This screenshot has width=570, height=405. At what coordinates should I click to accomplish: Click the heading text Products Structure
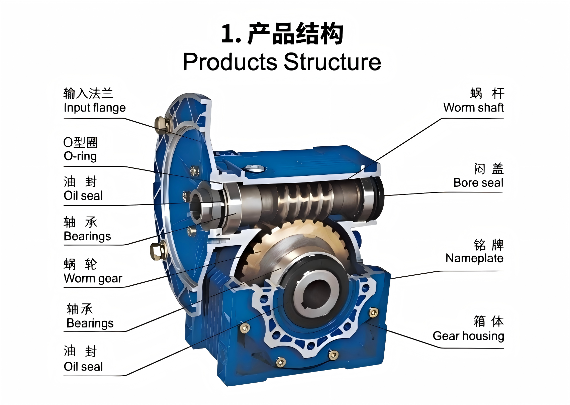282,62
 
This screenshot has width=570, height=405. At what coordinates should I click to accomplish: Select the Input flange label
95,108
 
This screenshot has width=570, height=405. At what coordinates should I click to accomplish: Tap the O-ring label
80,156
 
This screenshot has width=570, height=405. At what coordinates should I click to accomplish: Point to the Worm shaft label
473,107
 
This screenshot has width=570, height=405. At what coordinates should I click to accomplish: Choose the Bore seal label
478,182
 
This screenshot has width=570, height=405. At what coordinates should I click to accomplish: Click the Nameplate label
474,258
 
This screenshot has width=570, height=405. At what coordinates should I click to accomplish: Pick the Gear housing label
468,336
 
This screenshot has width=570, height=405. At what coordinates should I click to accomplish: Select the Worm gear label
93,278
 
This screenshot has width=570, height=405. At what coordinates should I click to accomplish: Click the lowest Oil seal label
83,367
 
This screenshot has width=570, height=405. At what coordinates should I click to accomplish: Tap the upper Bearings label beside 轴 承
87,236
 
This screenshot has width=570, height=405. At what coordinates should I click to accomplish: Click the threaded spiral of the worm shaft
305,201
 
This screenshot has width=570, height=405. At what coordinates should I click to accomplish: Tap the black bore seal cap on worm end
378,198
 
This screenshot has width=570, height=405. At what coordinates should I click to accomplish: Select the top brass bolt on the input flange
162,125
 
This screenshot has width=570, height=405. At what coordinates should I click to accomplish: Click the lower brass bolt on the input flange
158,251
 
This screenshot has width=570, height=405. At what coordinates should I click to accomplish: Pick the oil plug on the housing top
255,168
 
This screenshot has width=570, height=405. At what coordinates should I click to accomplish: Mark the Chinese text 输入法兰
88,93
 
